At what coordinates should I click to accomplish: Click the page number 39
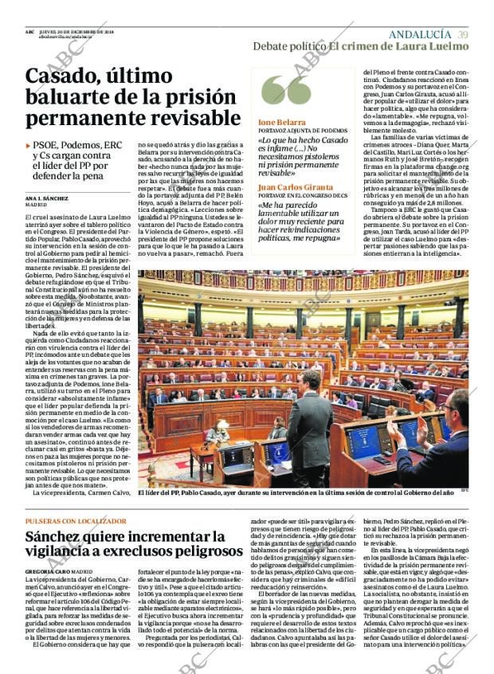463,34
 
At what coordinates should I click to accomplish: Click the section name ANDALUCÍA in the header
420,34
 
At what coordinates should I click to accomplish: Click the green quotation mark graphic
286,89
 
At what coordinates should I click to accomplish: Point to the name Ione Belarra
280,122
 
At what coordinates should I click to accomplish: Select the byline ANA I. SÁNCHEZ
46,197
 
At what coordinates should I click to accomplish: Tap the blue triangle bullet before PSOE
29,146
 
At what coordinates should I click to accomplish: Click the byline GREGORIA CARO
50,571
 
